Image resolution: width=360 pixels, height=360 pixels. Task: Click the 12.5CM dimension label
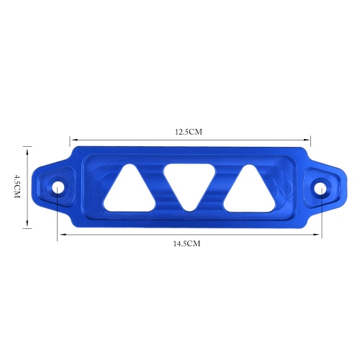click(189, 132)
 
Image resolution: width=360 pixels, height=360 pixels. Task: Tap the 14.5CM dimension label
click(186, 243)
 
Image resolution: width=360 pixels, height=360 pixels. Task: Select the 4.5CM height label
click(17, 186)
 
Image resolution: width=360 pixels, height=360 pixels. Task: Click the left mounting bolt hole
click(58, 187)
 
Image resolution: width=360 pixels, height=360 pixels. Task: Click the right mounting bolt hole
click(320, 188)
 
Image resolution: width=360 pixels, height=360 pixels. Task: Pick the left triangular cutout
click(130, 189)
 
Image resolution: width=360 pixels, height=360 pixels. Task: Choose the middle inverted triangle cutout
click(189, 185)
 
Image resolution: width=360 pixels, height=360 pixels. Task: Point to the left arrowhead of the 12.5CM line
click(72, 140)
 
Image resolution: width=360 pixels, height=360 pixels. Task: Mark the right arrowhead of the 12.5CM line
click(308, 140)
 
